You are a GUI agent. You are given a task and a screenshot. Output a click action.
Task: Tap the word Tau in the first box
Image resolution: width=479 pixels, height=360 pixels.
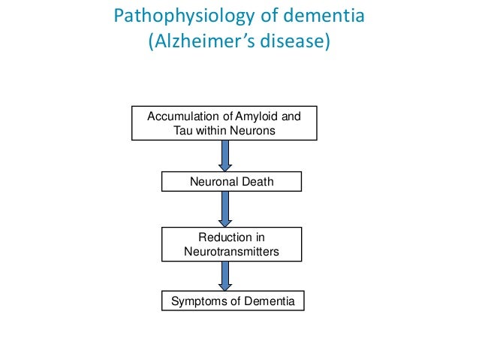[183, 130]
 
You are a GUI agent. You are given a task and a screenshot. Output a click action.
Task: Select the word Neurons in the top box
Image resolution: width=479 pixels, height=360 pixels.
[256, 130]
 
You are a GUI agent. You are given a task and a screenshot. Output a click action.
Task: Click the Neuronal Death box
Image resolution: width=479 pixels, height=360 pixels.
[231, 181]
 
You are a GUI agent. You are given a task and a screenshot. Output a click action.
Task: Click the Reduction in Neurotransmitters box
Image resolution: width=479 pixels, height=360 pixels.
[231, 245]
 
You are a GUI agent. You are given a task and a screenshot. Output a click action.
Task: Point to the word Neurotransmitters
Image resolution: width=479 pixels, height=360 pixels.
[231, 252]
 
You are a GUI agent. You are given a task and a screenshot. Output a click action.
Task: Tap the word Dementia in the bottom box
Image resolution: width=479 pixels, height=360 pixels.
[264, 301]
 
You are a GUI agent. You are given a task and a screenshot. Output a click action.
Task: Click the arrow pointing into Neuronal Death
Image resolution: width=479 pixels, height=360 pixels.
[224, 156]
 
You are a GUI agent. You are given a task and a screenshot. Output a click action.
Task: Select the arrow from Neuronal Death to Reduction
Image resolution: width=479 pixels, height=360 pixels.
[224, 210]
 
